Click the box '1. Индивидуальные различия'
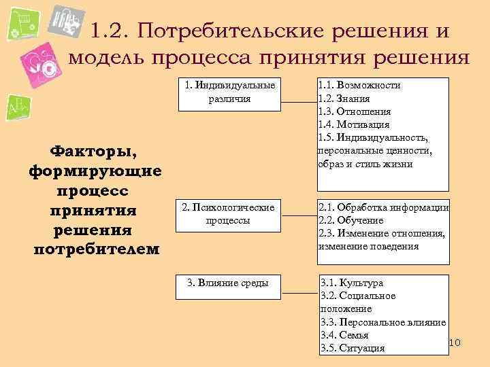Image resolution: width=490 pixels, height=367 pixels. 229,93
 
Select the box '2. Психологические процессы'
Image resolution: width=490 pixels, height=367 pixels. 229,214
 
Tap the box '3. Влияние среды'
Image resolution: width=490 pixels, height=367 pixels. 229,283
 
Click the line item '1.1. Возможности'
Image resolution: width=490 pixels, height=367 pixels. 359,86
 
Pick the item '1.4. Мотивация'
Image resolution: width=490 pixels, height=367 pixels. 354,124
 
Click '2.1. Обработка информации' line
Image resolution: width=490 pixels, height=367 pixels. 383,208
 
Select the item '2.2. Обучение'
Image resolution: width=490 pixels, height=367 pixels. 351,221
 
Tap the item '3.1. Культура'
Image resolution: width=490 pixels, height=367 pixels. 352,283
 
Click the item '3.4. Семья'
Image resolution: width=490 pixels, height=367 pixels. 344,335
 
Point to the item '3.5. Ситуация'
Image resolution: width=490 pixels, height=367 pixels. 353,348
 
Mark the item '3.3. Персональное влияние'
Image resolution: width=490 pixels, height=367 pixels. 383,322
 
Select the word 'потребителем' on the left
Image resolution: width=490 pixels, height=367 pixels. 96,249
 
